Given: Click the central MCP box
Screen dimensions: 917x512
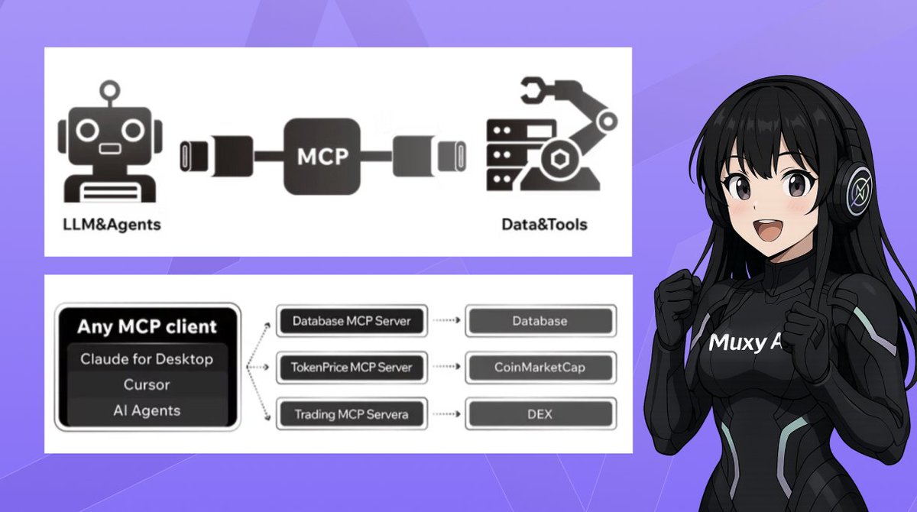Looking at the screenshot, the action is (x=321, y=156).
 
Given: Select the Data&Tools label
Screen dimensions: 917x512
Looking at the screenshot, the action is (x=543, y=225).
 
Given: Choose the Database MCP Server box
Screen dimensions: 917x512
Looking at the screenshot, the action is (x=352, y=321).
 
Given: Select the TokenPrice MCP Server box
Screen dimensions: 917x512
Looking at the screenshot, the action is (x=352, y=368).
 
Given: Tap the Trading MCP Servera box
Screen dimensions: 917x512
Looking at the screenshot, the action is (x=352, y=415).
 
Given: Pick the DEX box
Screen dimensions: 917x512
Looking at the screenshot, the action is (x=540, y=415).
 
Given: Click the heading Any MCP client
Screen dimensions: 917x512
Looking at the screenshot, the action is (x=147, y=327).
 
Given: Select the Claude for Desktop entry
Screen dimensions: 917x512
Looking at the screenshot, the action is (x=147, y=359).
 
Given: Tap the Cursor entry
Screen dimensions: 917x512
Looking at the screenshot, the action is (x=147, y=384).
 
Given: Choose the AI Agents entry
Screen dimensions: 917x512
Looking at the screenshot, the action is (x=147, y=410).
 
